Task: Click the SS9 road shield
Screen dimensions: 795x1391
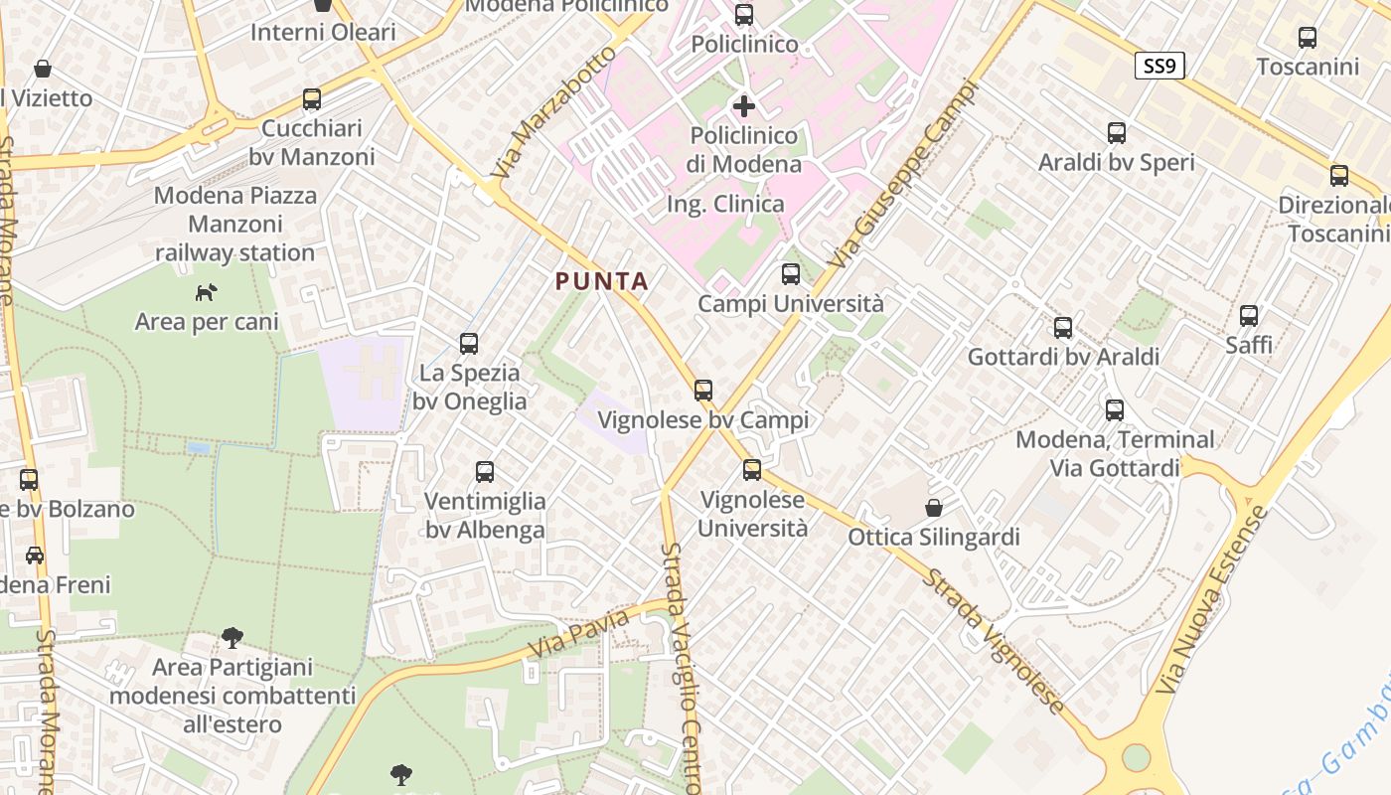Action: pyautogui.click(x=1159, y=67)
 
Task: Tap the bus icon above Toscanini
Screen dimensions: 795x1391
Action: pyautogui.click(x=1308, y=38)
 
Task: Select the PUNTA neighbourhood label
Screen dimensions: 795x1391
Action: pyautogui.click(x=602, y=281)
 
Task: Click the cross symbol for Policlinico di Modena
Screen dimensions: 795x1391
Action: pyautogui.click(x=744, y=105)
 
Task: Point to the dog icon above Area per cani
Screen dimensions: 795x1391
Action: pyautogui.click(x=206, y=292)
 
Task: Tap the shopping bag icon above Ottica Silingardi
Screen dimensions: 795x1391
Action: pyautogui.click(x=934, y=508)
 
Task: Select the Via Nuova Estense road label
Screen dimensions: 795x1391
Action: pyautogui.click(x=1214, y=600)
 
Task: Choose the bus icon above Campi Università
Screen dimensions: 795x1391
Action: pyautogui.click(x=791, y=274)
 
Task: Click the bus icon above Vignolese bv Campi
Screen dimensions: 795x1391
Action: pyautogui.click(x=703, y=391)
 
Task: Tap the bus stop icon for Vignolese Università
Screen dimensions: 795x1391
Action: pyautogui.click(x=752, y=470)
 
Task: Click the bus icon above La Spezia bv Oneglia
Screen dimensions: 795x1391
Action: pyautogui.click(x=469, y=344)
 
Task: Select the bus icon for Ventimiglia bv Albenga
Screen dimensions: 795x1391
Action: pyautogui.click(x=485, y=472)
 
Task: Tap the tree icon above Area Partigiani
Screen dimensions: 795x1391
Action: pyautogui.click(x=232, y=637)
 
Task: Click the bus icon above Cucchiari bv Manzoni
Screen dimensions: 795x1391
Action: pyautogui.click(x=312, y=99)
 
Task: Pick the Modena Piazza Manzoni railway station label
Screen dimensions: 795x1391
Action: pyautogui.click(x=235, y=224)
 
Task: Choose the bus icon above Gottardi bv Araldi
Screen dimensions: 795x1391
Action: pyautogui.click(x=1063, y=327)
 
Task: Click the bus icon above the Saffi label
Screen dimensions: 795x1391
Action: pyautogui.click(x=1249, y=316)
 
